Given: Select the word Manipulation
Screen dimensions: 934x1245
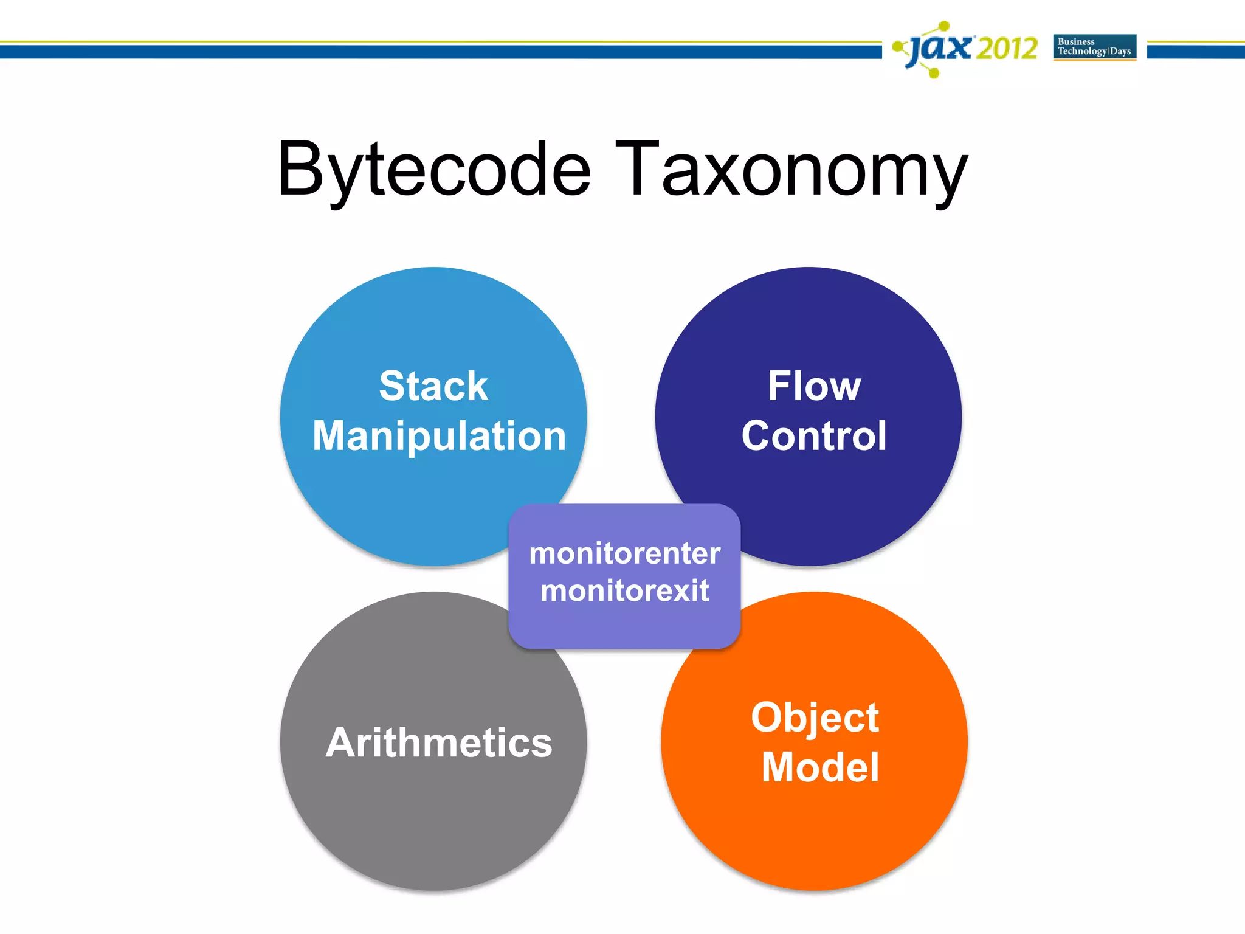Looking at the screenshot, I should coord(439,436).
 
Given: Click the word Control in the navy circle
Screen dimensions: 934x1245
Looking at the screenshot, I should coord(814,436).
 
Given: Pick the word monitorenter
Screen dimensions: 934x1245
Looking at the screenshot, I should coord(624,553).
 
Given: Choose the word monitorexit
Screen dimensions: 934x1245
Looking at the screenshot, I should coord(624,590).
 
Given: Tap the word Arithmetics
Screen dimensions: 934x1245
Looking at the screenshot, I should coord(439,742).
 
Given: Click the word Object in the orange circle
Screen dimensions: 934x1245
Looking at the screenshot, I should coord(815,717).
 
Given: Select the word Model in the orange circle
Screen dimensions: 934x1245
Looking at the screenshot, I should coord(820,767).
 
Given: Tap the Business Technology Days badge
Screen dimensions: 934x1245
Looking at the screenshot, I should coord(1094,47).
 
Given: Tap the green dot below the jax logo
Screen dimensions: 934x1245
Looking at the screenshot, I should coord(934,74).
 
